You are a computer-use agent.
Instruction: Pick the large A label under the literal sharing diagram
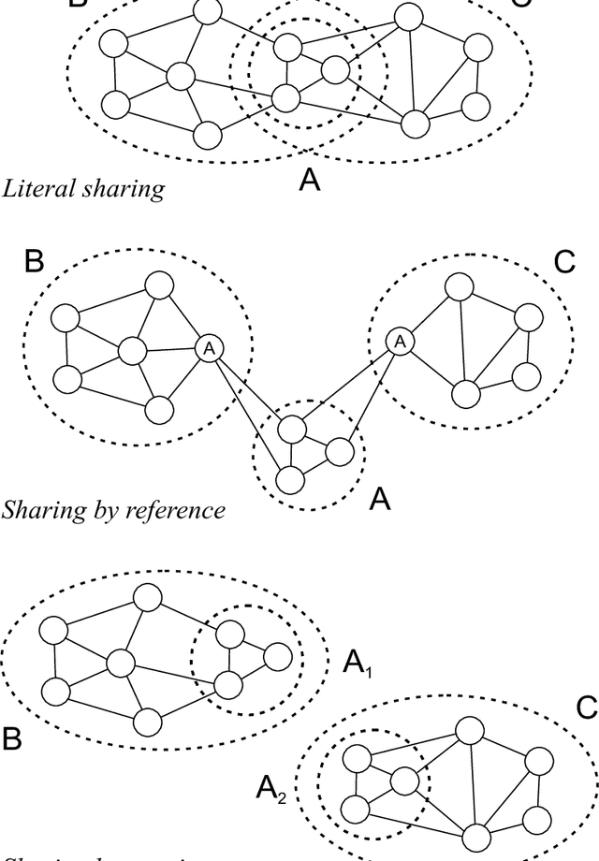pos(310,179)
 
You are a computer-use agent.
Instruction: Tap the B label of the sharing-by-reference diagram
pos(34,261)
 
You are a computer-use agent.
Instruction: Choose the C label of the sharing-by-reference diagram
pos(564,261)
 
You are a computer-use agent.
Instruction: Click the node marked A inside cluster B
pos(209,348)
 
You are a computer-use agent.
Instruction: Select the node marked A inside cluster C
pos(400,342)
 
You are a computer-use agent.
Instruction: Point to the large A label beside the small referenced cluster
pos(379,499)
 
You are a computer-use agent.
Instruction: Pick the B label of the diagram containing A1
pos(12,739)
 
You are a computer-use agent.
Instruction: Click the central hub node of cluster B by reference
pos(132,352)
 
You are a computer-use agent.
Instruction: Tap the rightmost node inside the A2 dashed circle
pos(403,780)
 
